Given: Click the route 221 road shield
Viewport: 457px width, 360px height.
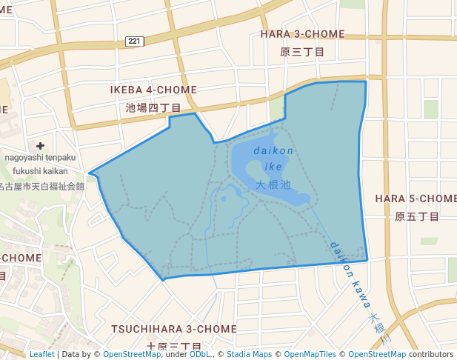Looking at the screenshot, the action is (134, 41).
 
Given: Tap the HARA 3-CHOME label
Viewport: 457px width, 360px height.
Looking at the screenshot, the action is (302, 34).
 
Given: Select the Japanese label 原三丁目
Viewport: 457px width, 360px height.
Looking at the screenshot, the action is (302, 52).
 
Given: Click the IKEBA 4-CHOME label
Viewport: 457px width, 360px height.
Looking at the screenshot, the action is (153, 90).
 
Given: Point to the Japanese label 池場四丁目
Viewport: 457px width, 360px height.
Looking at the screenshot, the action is (153, 107).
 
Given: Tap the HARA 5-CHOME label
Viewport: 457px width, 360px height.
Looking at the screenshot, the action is (416, 199).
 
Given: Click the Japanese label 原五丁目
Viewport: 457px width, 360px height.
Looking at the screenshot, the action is (417, 216).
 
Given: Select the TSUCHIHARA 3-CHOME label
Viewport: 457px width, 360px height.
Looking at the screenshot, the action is (174, 328).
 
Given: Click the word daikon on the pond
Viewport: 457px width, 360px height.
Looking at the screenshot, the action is (273, 150).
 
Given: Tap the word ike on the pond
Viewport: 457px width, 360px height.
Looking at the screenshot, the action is (273, 167).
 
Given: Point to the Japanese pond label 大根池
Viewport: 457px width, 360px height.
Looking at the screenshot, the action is (273, 184).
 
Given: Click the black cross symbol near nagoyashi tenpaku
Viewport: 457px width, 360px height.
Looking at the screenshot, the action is (40, 146).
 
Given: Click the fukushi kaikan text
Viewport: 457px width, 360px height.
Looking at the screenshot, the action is (40, 171).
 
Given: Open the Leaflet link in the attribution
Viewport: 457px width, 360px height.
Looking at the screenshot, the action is (41, 354).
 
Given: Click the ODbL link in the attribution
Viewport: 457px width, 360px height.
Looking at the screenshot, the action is (200, 354).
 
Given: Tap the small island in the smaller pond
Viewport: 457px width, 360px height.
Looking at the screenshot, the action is (223, 199).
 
